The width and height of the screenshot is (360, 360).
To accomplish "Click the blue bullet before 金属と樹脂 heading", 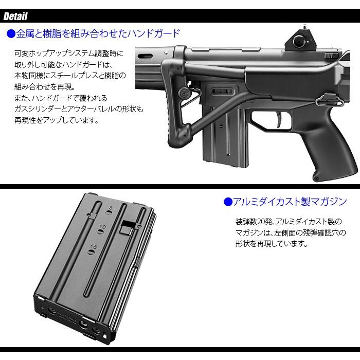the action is [10, 34].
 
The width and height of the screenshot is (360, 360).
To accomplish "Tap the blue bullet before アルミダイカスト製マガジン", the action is [228, 202].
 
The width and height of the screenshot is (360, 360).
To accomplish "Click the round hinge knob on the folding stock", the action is [184, 93].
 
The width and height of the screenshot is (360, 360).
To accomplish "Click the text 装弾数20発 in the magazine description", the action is [253, 222].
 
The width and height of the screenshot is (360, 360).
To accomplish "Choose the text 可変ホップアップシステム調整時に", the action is [69, 53].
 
